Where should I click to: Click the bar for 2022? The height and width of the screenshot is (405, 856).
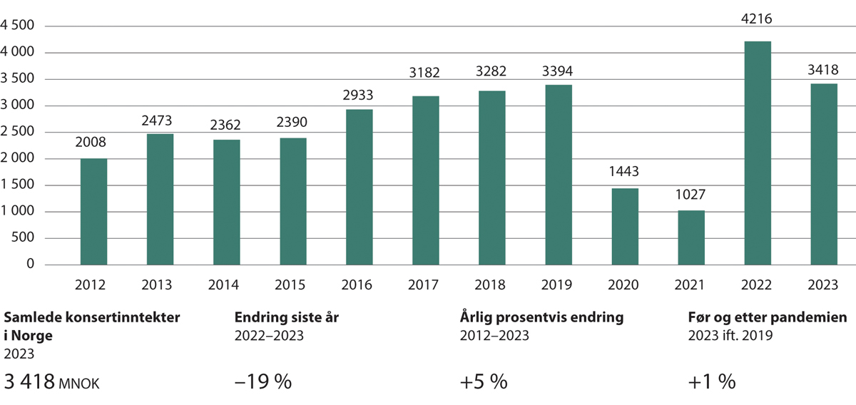pyautogui.click(x=757, y=153)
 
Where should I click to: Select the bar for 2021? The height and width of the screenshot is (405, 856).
pyautogui.click(x=691, y=237)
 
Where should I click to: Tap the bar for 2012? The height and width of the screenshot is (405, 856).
pyautogui.click(x=93, y=212)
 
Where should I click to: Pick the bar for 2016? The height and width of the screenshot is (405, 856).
pyautogui.click(x=359, y=187)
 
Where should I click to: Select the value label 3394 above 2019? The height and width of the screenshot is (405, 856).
pyautogui.click(x=558, y=72)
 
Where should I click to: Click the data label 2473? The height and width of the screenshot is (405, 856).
pyautogui.click(x=160, y=121)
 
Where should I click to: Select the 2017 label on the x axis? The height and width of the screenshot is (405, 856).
pyautogui.click(x=425, y=285)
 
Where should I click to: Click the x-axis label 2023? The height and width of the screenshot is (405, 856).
pyautogui.click(x=823, y=285)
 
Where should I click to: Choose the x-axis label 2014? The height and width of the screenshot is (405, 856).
pyautogui.click(x=226, y=285)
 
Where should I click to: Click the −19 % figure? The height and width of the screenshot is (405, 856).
pyautogui.click(x=263, y=381)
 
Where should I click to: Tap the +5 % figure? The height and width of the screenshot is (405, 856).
pyautogui.click(x=484, y=381)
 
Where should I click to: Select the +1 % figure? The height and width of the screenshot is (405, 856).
pyautogui.click(x=712, y=381)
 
